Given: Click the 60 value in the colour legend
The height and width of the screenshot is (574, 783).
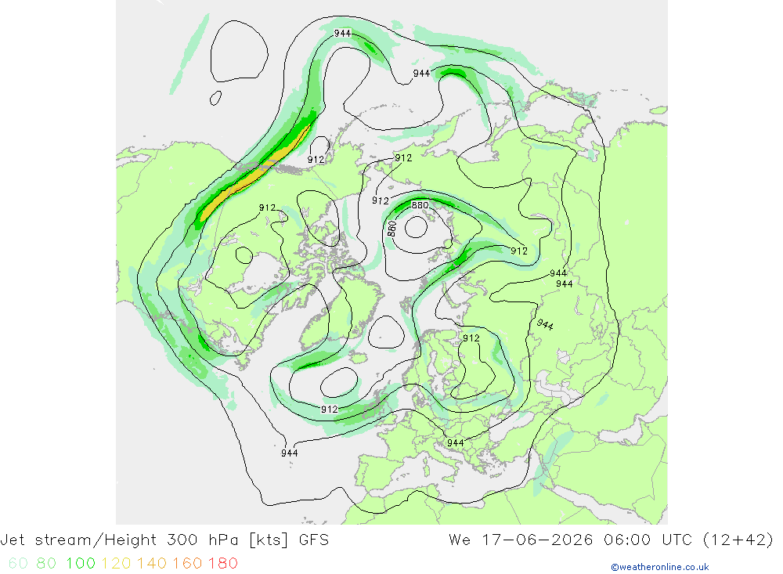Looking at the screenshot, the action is coord(18,563).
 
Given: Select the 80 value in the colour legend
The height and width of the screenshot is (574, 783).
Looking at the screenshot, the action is coord(46,563).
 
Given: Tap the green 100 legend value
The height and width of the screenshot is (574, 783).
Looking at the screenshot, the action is coord(81,563).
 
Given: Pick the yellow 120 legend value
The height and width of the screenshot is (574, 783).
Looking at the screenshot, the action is coord(117,563).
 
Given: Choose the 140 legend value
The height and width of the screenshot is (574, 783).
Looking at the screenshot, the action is coord(152,563).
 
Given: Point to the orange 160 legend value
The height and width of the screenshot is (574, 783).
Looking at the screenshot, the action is coord(187,563).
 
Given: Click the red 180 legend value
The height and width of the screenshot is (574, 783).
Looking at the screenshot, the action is coord(222,563).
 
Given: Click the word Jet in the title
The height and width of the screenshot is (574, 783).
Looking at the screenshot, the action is coord(13,540).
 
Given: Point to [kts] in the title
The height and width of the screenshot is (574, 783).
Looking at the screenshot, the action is coord(269,540).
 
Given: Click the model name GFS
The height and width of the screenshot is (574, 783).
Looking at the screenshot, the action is coord(314,540).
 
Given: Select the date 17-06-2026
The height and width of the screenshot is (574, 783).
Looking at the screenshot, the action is coord(537,540).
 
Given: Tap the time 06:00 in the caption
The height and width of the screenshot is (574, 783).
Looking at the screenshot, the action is coord(626,540).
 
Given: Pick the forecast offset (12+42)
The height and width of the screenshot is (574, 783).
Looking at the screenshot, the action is coord(738,540).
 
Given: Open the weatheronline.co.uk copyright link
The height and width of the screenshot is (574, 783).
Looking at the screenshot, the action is coord(659,567).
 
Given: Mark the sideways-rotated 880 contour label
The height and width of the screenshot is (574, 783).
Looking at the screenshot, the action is coord(392,229).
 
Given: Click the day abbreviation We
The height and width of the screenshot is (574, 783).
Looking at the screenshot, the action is coord(460,540).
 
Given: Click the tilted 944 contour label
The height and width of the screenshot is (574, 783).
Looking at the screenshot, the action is coord(545,325).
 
